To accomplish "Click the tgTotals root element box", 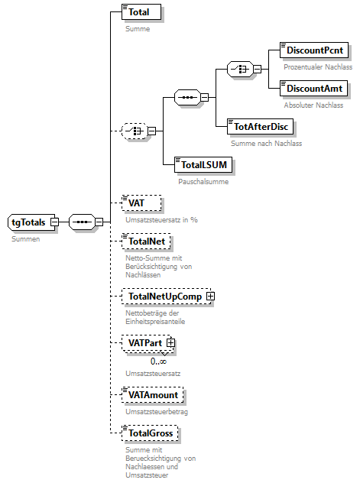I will coord(28,222).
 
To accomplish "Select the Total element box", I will coord(141,12).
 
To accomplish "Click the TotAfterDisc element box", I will coord(262,126).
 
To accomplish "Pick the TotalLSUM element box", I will coord(203,164).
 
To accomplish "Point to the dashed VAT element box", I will coord(141,203).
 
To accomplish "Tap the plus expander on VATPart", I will coord(171,344).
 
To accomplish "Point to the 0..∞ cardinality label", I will coord(158,361).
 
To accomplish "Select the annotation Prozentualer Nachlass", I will coord(318,67).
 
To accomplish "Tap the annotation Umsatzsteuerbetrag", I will coord(157,411).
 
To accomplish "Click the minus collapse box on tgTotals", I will coord(54,222).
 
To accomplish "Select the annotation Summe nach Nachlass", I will coord(267,143).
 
